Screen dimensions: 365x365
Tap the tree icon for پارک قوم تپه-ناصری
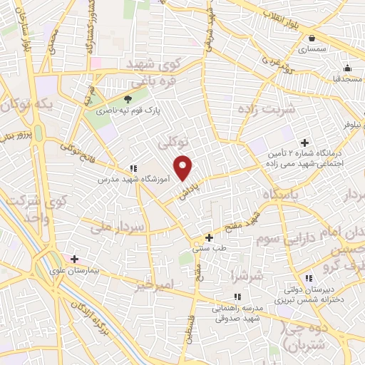(x=128, y=99)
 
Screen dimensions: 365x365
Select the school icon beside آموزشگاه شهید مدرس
(x=133, y=168)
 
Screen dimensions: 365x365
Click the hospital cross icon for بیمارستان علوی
(x=74, y=258)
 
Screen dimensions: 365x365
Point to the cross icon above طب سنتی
(x=209, y=237)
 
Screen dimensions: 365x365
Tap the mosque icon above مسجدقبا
(x=346, y=68)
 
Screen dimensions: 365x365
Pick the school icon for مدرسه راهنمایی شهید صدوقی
(x=237, y=297)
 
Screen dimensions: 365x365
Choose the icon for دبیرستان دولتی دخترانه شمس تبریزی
(x=308, y=277)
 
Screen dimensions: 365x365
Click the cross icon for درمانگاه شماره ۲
(x=306, y=142)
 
